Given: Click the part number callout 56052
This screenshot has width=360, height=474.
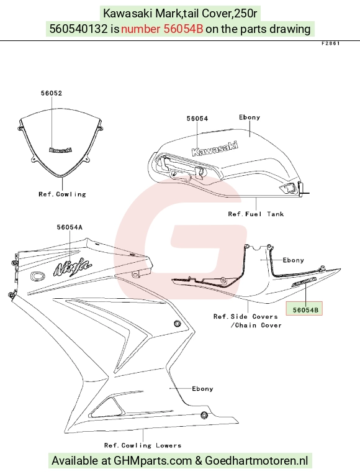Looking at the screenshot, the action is pyautogui.click(x=52, y=93).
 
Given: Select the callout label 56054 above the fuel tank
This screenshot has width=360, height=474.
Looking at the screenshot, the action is pyautogui.click(x=197, y=119).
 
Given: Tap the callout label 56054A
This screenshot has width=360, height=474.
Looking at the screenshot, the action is pyautogui.click(x=70, y=227).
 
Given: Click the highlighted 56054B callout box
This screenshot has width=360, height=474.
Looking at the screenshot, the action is pyautogui.click(x=304, y=309).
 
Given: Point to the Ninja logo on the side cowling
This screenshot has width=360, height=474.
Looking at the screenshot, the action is pyautogui.click(x=73, y=268).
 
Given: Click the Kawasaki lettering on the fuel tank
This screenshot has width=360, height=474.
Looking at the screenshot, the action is pyautogui.click(x=215, y=148).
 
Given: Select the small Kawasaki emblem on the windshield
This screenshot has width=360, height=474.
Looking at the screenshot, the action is pyautogui.click(x=61, y=150).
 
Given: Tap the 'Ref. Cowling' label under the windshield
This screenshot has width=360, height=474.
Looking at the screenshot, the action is pyautogui.click(x=62, y=194).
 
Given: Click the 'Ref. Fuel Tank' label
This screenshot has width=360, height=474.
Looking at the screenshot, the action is pyautogui.click(x=256, y=214).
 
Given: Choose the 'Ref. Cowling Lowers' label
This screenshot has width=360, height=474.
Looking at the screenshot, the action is pyautogui.click(x=143, y=445).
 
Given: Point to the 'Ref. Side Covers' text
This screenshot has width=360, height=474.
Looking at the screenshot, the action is pyautogui.click(x=246, y=316).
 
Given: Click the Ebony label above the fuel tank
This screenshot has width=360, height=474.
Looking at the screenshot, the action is pyautogui.click(x=250, y=117).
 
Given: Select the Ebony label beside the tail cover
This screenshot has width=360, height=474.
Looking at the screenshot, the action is pyautogui.click(x=293, y=260).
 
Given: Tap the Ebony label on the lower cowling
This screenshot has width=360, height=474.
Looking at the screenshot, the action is pyautogui.click(x=202, y=389).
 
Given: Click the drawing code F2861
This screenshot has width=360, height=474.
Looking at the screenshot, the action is pyautogui.click(x=331, y=43).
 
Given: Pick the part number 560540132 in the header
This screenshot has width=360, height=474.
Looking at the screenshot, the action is pyautogui.click(x=78, y=29).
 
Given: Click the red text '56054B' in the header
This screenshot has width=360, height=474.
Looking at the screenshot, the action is pyautogui.click(x=183, y=29).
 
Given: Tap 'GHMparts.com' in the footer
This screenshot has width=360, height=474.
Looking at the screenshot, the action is pyautogui.click(x=153, y=461).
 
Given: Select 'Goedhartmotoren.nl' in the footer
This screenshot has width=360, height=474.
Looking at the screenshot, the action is pyautogui.click(x=256, y=461).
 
